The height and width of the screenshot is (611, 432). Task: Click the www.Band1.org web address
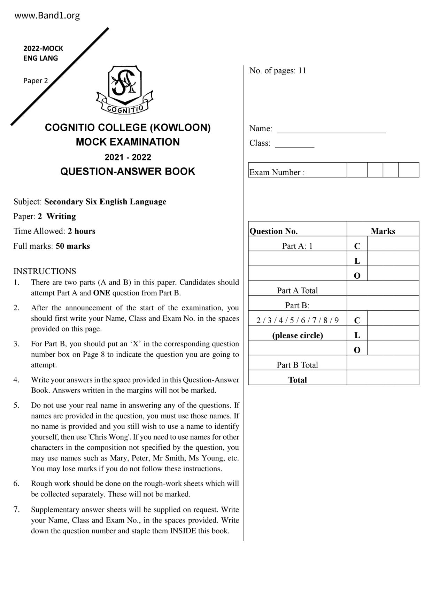click(47, 16)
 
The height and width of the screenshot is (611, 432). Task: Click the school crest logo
click(125, 90)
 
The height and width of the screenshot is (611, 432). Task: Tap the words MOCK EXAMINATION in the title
click(128, 142)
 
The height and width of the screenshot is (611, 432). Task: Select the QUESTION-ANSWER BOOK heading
click(128, 171)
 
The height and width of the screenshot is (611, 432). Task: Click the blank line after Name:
click(331, 130)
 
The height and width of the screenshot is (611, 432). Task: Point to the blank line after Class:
click(294, 144)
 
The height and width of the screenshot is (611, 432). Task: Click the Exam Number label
click(277, 172)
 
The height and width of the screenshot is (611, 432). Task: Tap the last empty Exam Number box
click(408, 170)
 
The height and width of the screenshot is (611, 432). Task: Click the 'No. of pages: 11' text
click(278, 71)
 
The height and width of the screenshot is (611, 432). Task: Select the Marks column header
click(383, 231)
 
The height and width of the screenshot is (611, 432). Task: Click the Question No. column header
click(273, 231)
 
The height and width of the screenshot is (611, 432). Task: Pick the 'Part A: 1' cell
click(297, 246)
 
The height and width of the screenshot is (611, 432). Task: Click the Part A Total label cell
click(297, 291)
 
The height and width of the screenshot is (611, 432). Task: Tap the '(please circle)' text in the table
click(297, 335)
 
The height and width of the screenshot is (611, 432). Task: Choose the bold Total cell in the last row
click(297, 380)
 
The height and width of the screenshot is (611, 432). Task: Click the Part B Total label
click(297, 365)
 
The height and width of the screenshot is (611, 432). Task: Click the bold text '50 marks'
click(72, 246)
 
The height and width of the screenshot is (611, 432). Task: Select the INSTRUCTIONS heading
click(45, 271)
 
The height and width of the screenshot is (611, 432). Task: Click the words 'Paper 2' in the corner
click(36, 81)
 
